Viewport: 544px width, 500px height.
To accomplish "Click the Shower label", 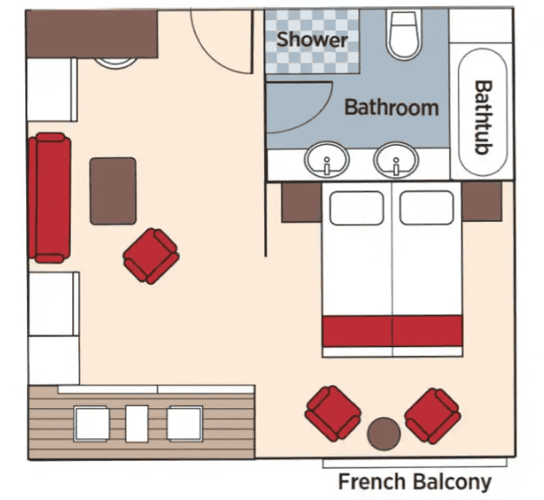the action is (x=312, y=39).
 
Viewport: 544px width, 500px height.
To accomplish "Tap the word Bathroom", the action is (x=391, y=107).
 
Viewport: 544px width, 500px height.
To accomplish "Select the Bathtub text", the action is (x=483, y=117).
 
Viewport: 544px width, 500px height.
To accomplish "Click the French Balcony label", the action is (x=415, y=482).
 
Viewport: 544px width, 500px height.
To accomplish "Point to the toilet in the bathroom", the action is (x=404, y=34).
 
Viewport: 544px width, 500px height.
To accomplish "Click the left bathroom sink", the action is (x=327, y=161).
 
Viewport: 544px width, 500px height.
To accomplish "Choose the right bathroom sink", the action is (x=396, y=161).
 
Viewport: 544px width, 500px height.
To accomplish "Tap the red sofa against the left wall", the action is (x=50, y=197).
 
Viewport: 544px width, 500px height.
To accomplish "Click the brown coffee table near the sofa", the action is (x=112, y=191).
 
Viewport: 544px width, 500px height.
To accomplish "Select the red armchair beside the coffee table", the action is (x=151, y=256).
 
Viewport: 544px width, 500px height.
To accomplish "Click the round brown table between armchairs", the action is (x=384, y=434).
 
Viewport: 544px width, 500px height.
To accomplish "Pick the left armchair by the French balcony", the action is (x=333, y=414).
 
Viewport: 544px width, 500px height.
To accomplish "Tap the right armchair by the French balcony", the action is (x=432, y=415).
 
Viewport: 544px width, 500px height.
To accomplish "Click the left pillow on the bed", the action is (x=357, y=208).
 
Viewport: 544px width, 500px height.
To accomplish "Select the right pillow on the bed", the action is (x=426, y=208).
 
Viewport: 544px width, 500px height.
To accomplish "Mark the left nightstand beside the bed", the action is (x=302, y=202).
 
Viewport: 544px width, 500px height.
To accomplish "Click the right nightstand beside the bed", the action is (x=482, y=202).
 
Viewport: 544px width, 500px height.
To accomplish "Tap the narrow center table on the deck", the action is (x=137, y=423).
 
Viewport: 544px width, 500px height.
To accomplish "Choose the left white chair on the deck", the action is (x=92, y=424).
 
